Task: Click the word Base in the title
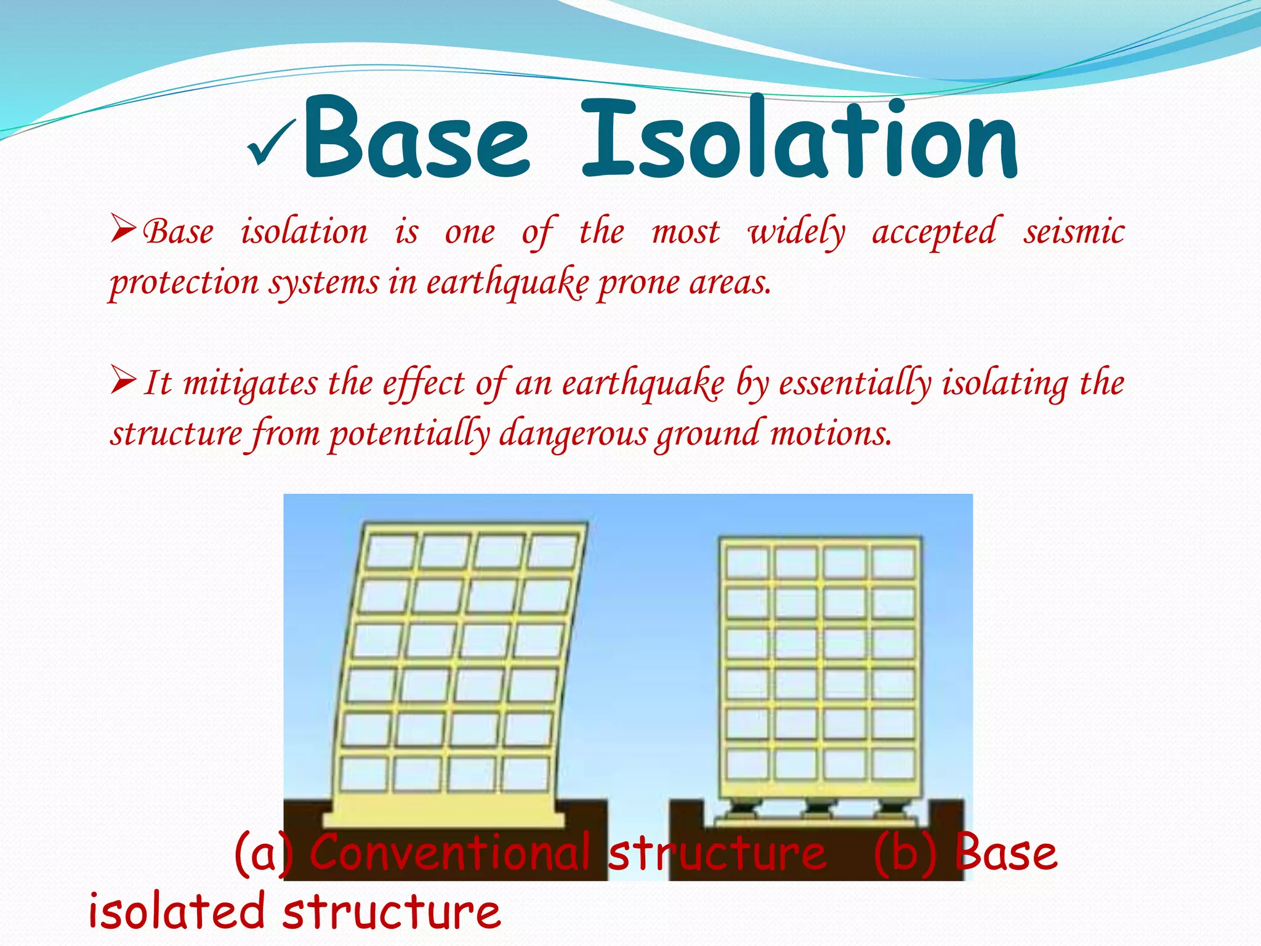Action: tap(416, 138)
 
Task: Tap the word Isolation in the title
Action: tap(799, 138)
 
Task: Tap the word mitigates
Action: tap(251, 384)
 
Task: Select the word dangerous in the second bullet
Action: tap(573, 434)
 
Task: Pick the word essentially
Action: tap(855, 384)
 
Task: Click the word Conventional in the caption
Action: tap(449, 852)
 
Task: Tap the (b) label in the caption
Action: tap(905, 852)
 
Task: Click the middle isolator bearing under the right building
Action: tap(818, 807)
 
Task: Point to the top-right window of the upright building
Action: tap(893, 562)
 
